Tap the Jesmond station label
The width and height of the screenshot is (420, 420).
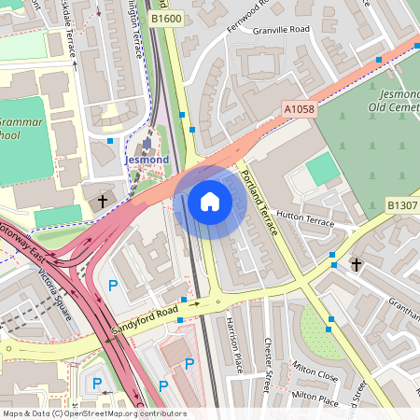pos(147,161)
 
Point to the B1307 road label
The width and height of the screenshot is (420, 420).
pos(401,204)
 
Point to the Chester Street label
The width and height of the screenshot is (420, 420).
pos(271,364)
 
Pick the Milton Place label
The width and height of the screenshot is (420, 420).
pos(315,398)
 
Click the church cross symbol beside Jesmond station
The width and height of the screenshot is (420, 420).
pos(103,200)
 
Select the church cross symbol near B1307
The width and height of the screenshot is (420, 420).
pos(355,265)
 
